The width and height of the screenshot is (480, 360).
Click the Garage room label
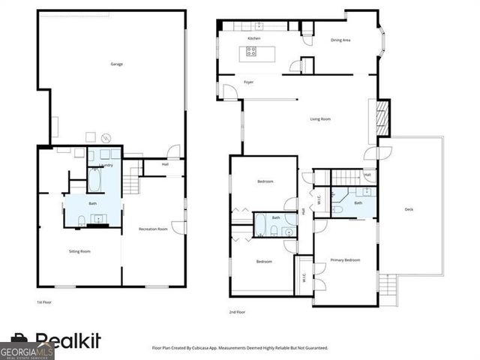point(116,64)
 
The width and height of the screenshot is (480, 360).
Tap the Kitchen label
point(253,37)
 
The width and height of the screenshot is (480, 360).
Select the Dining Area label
point(341,40)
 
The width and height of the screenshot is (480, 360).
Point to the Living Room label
point(320,119)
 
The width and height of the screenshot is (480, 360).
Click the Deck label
point(409,209)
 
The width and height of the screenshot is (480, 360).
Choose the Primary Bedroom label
point(345,259)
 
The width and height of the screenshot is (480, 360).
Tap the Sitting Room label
point(80,251)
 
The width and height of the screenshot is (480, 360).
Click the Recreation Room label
point(152,228)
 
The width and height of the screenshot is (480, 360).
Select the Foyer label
point(248,82)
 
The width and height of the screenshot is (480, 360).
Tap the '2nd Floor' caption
point(237,311)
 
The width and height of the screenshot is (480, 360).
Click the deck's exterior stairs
point(388,286)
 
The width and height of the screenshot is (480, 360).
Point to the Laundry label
point(106,165)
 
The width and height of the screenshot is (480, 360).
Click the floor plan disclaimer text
point(240,348)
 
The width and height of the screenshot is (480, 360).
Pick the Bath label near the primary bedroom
point(358,202)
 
